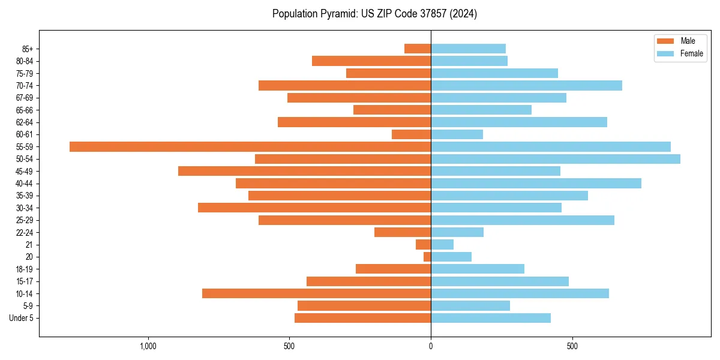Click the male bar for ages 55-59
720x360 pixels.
pyautogui.click(x=250, y=146)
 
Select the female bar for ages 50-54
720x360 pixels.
pyautogui.click(x=556, y=159)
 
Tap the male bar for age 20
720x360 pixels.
pyautogui.click(x=427, y=257)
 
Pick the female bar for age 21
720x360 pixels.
pyautogui.click(x=442, y=244)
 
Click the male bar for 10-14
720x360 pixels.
pyautogui.click(x=316, y=293)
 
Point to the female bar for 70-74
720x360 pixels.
pyautogui.click(x=526, y=85)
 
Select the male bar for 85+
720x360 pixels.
pyautogui.click(x=418, y=49)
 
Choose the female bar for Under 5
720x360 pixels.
pyautogui.click(x=491, y=318)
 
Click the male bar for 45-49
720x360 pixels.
pyautogui.click(x=304, y=171)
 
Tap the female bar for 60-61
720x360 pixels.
pyautogui.click(x=457, y=134)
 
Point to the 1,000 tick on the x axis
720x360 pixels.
pyautogui.click(x=148, y=346)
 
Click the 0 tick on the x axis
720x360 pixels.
pyautogui.click(x=431, y=346)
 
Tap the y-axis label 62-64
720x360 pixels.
pyautogui.click(x=25, y=122)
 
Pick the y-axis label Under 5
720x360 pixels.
pyautogui.click(x=22, y=318)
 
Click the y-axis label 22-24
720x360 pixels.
pyautogui.click(x=25, y=232)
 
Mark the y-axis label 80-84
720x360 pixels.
pyautogui.click(x=25, y=61)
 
